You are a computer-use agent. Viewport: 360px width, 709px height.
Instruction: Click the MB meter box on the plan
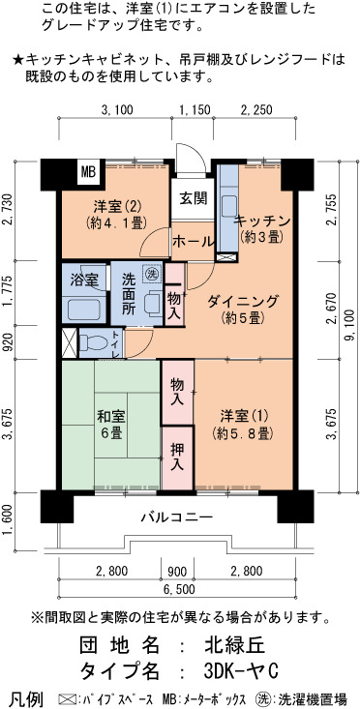(x=88, y=172)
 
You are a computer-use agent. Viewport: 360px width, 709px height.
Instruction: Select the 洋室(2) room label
(x=112, y=207)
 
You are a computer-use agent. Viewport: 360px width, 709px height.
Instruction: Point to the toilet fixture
(x=94, y=342)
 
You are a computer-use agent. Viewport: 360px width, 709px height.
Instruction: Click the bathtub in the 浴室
(x=83, y=310)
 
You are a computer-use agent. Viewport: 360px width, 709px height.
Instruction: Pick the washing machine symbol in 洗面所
(x=152, y=273)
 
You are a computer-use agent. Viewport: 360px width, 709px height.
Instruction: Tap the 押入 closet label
(x=177, y=457)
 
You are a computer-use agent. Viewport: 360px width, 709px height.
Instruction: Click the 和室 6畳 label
(x=110, y=424)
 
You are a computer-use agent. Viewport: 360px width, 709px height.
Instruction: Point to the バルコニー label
(x=176, y=517)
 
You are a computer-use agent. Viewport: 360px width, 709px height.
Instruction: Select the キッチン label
(x=261, y=222)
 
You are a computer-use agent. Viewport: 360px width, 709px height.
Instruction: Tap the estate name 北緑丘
(x=234, y=645)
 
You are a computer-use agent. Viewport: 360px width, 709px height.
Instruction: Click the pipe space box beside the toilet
(x=70, y=343)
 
